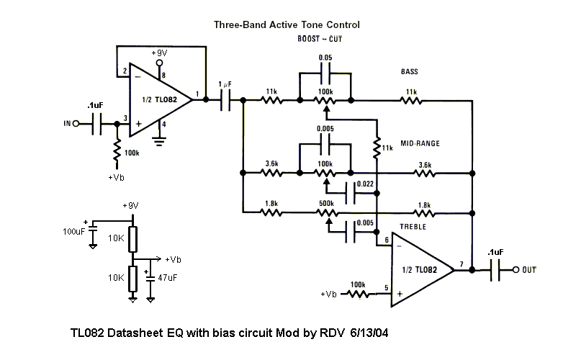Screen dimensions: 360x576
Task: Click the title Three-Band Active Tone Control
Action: pyautogui.click(x=287, y=24)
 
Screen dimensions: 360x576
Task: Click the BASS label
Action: pyautogui.click(x=410, y=72)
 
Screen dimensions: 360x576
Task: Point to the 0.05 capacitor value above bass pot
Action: pyautogui.click(x=325, y=57)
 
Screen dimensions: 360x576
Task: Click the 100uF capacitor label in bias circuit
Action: pyautogui.click(x=73, y=232)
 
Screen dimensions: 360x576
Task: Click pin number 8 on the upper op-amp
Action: pyautogui.click(x=164, y=75)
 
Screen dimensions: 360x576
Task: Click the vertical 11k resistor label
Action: pyautogui.click(x=387, y=148)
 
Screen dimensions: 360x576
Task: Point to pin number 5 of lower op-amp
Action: pyautogui.click(x=386, y=289)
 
